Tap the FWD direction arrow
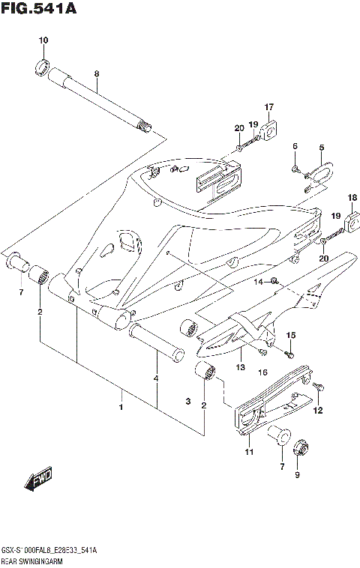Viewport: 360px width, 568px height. [x=37, y=480]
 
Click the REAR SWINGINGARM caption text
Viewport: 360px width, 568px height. [x=34, y=561]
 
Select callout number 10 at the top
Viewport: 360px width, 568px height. [x=43, y=40]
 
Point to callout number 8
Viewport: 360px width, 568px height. [x=96, y=73]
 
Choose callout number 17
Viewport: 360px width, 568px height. [x=268, y=106]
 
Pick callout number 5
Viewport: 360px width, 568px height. [x=320, y=148]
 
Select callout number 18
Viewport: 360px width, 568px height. [x=352, y=197]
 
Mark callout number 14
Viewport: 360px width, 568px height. [x=256, y=282]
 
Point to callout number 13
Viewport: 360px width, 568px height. [x=241, y=366]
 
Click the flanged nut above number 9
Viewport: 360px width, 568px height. [x=295, y=447]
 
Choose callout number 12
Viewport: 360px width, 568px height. [x=317, y=410]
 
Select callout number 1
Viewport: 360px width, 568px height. [x=120, y=407]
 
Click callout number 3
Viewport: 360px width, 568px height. [x=188, y=402]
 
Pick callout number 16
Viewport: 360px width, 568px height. [x=262, y=371]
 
